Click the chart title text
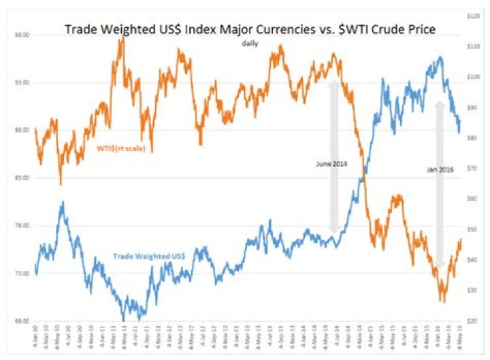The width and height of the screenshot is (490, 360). click(x=250, y=29)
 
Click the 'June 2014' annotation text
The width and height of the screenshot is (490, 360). click(x=331, y=164)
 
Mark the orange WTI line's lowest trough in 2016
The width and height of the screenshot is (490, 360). click(x=443, y=300)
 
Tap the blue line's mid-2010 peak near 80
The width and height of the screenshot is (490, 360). click(x=62, y=202)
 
